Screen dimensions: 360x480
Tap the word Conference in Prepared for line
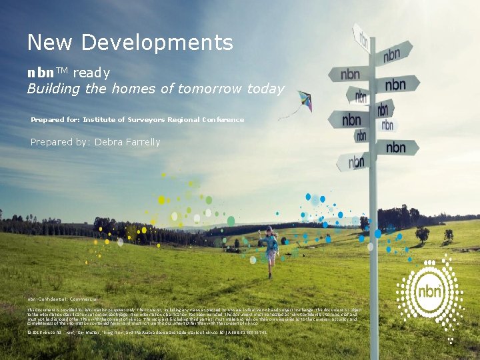pyautogui.click(x=222, y=120)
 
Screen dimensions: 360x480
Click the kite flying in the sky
pyautogui.click(x=304, y=101)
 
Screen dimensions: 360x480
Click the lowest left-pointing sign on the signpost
pyautogui.click(x=352, y=161)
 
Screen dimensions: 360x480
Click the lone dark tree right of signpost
pyautogui.click(x=422, y=233)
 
